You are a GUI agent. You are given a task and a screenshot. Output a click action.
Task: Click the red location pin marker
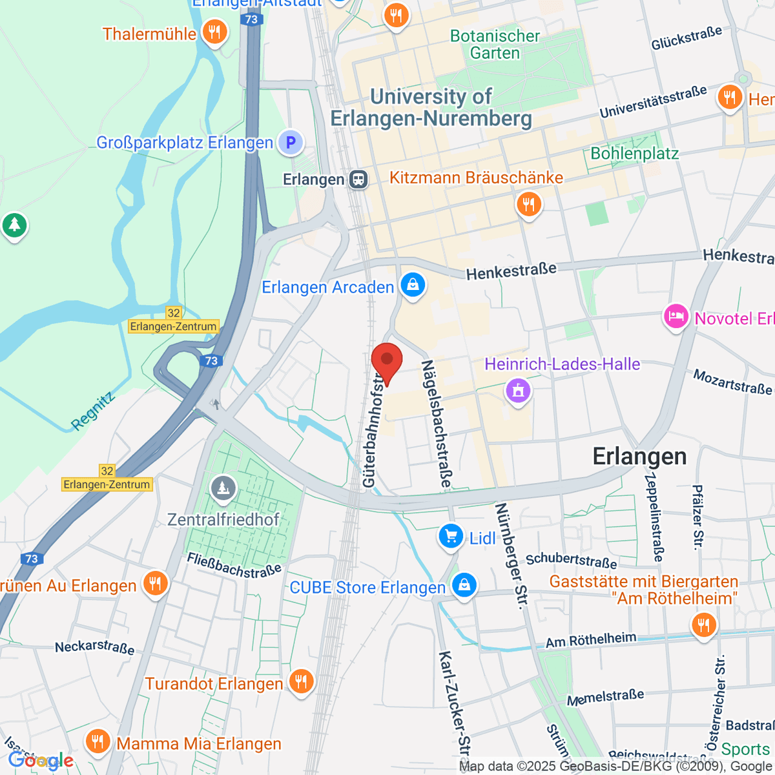click(x=387, y=361)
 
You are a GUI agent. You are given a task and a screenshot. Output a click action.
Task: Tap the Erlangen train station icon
click(x=358, y=180)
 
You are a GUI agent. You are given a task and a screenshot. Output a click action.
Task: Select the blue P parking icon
click(x=291, y=142)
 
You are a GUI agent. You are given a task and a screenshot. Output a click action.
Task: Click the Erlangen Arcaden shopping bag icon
click(x=413, y=284)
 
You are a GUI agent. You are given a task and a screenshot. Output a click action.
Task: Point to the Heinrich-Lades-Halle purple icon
click(x=518, y=389)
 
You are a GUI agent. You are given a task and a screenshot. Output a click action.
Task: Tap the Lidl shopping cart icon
click(x=451, y=536)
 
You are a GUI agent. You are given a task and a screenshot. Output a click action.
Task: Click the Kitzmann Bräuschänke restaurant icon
click(x=528, y=205)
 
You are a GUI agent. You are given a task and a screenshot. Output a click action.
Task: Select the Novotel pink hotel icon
click(x=676, y=316)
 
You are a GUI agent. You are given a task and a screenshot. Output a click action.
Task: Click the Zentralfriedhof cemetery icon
click(x=223, y=488)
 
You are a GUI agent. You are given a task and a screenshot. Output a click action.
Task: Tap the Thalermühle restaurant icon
click(x=214, y=31)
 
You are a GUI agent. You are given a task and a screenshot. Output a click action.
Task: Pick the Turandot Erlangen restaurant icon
click(x=301, y=681)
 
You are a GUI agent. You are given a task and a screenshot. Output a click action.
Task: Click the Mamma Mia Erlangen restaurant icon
click(x=98, y=741)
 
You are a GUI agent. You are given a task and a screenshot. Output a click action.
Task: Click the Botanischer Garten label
click(x=495, y=45)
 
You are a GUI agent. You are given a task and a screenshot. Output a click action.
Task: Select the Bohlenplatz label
click(x=634, y=153)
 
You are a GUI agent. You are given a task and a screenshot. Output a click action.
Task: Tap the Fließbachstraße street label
click(x=234, y=564)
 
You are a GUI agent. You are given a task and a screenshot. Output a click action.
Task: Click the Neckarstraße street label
click(x=95, y=647)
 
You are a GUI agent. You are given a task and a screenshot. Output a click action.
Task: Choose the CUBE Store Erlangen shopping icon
click(x=464, y=585)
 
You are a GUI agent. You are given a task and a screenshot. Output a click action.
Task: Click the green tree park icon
click(x=14, y=225)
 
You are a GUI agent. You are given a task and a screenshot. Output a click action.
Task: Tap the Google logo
click(x=41, y=761)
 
